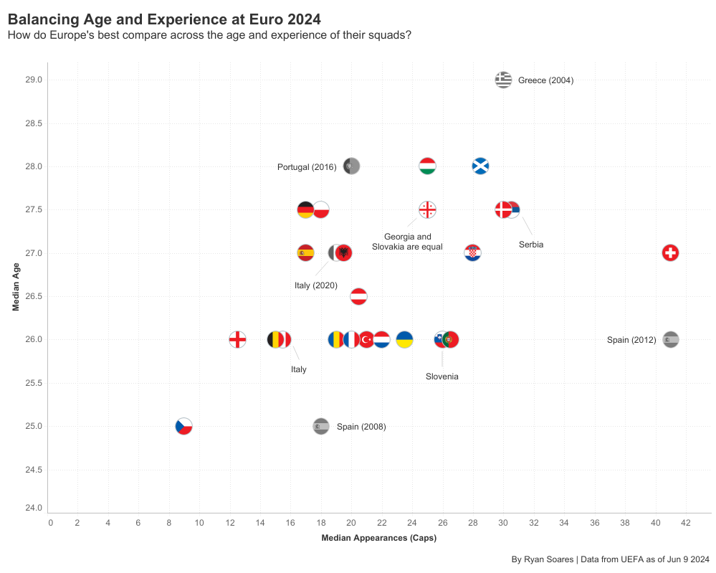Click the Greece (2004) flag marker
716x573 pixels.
tap(503, 80)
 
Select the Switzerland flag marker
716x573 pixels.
tap(670, 253)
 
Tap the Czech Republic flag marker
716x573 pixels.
tap(184, 426)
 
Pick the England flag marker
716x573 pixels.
tap(238, 339)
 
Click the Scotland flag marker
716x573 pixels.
tap(481, 166)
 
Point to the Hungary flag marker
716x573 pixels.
tap(427, 166)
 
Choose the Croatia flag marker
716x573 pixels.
tap(472, 253)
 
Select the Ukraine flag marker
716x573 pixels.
tap(404, 339)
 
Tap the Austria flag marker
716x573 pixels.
tap(359, 296)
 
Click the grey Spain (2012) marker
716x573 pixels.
tap(671, 339)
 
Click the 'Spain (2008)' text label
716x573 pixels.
tap(361, 427)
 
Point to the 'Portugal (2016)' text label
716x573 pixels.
tap(307, 167)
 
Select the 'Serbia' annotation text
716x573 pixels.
tap(531, 245)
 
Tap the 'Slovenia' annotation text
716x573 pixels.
tap(441, 377)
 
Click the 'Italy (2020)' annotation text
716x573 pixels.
tap(316, 285)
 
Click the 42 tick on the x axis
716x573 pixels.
tap(686, 523)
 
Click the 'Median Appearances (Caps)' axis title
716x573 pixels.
tap(378, 538)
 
